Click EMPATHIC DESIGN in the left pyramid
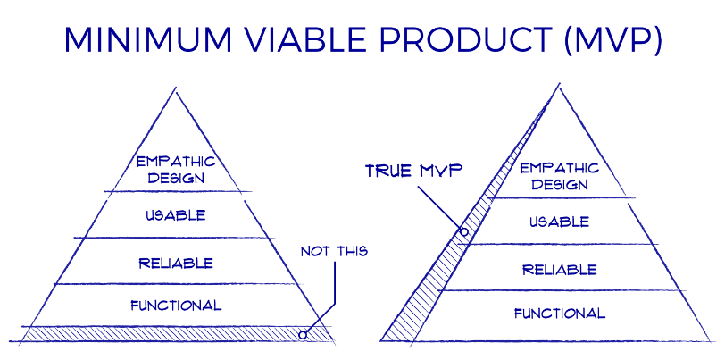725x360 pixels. pos(176,170)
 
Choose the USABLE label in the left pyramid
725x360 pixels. pos(176,215)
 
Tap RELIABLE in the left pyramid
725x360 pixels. pos(176,263)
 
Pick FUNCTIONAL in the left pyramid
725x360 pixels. pos(176,306)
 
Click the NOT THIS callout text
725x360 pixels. pos(334,252)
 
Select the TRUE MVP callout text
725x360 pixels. pos(413,171)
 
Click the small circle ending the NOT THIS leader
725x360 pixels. pos(303,335)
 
